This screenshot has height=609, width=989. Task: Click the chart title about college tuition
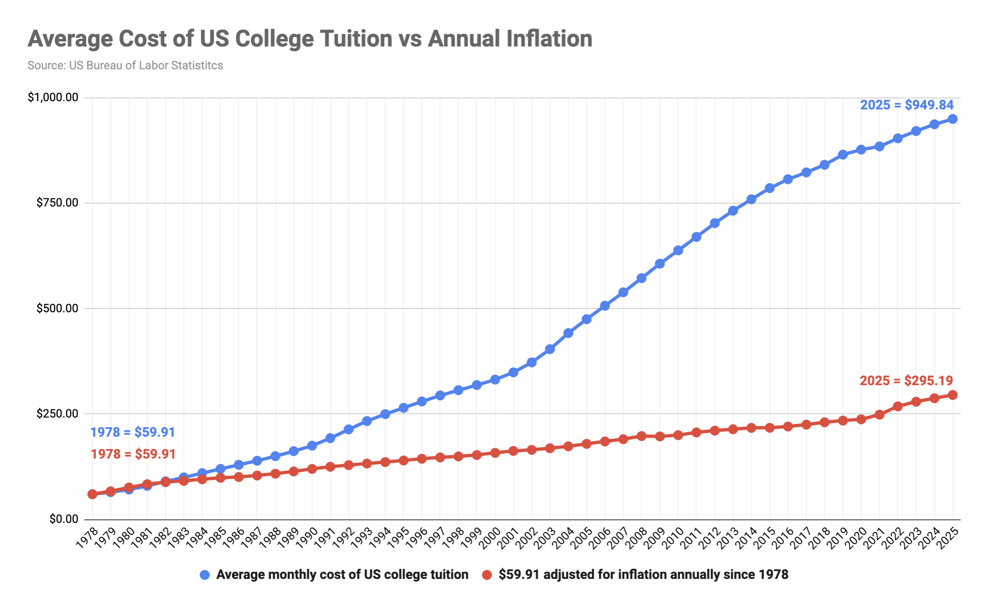pos(310,39)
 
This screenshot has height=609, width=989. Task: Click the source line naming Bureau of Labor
pos(125,66)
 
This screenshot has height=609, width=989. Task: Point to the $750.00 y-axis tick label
pos(57,203)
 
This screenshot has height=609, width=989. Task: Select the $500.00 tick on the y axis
pos(57,308)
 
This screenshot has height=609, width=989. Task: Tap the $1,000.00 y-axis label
pos(53,98)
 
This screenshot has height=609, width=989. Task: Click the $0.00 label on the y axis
pos(64,519)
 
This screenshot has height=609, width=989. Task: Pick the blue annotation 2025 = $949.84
pos(907,105)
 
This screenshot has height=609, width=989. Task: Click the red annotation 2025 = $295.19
pos(906,381)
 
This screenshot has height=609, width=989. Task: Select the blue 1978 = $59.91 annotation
pos(133,432)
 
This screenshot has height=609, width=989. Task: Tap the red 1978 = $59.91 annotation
pos(133,454)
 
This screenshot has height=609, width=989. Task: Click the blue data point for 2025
pos(953,119)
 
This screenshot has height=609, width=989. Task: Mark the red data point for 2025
pos(953,395)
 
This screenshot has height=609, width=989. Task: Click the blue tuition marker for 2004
pos(568,333)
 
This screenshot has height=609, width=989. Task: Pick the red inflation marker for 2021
pos(880,415)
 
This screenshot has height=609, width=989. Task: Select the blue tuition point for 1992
pos(349,429)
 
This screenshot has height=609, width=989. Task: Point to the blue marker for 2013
pos(733,211)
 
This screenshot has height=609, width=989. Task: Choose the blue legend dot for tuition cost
pos(205,575)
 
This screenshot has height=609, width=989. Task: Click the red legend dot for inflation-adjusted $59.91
pos(487,575)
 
